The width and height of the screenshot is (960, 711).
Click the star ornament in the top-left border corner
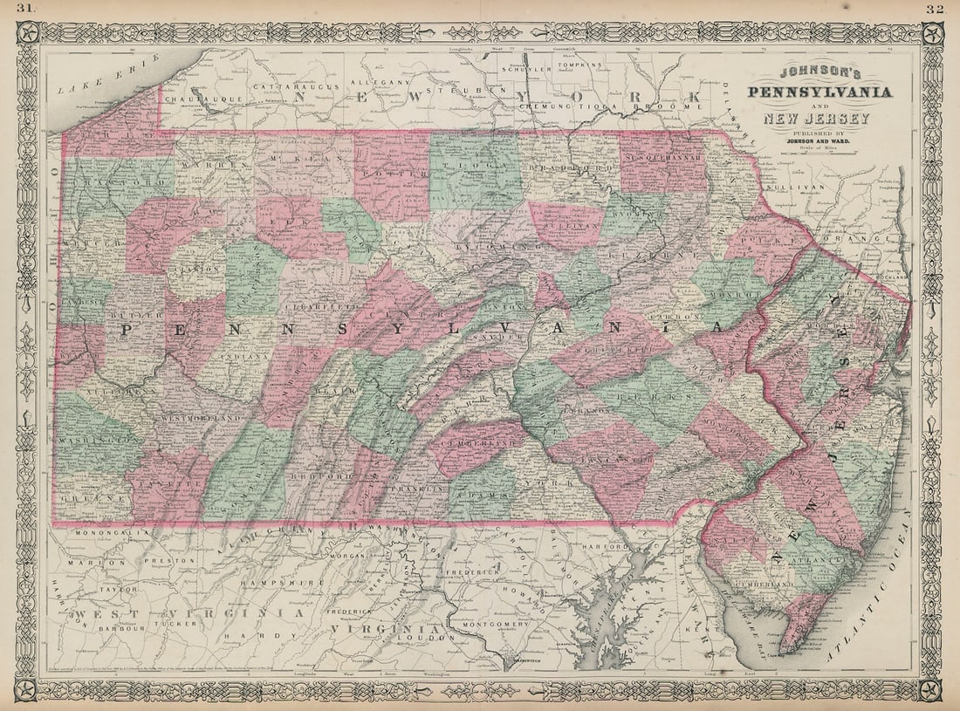click(26, 33)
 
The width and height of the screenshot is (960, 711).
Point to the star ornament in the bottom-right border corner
click(933, 689)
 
